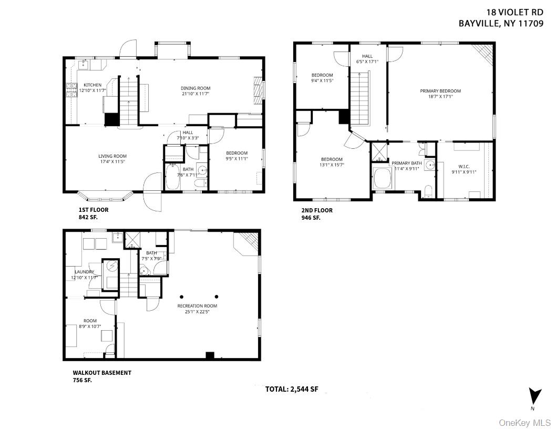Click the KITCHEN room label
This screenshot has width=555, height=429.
pos(92,85)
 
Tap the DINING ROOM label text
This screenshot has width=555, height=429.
pos(196,88)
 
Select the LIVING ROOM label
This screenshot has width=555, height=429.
pos(112,156)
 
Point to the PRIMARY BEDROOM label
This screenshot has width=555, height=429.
pos(440,91)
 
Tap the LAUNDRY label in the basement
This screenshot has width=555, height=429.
pos(84,271)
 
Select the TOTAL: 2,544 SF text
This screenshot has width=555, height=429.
pos(292,390)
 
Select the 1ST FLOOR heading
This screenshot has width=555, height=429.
pos(94,209)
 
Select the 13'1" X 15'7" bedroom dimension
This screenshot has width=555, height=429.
pos(332,166)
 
